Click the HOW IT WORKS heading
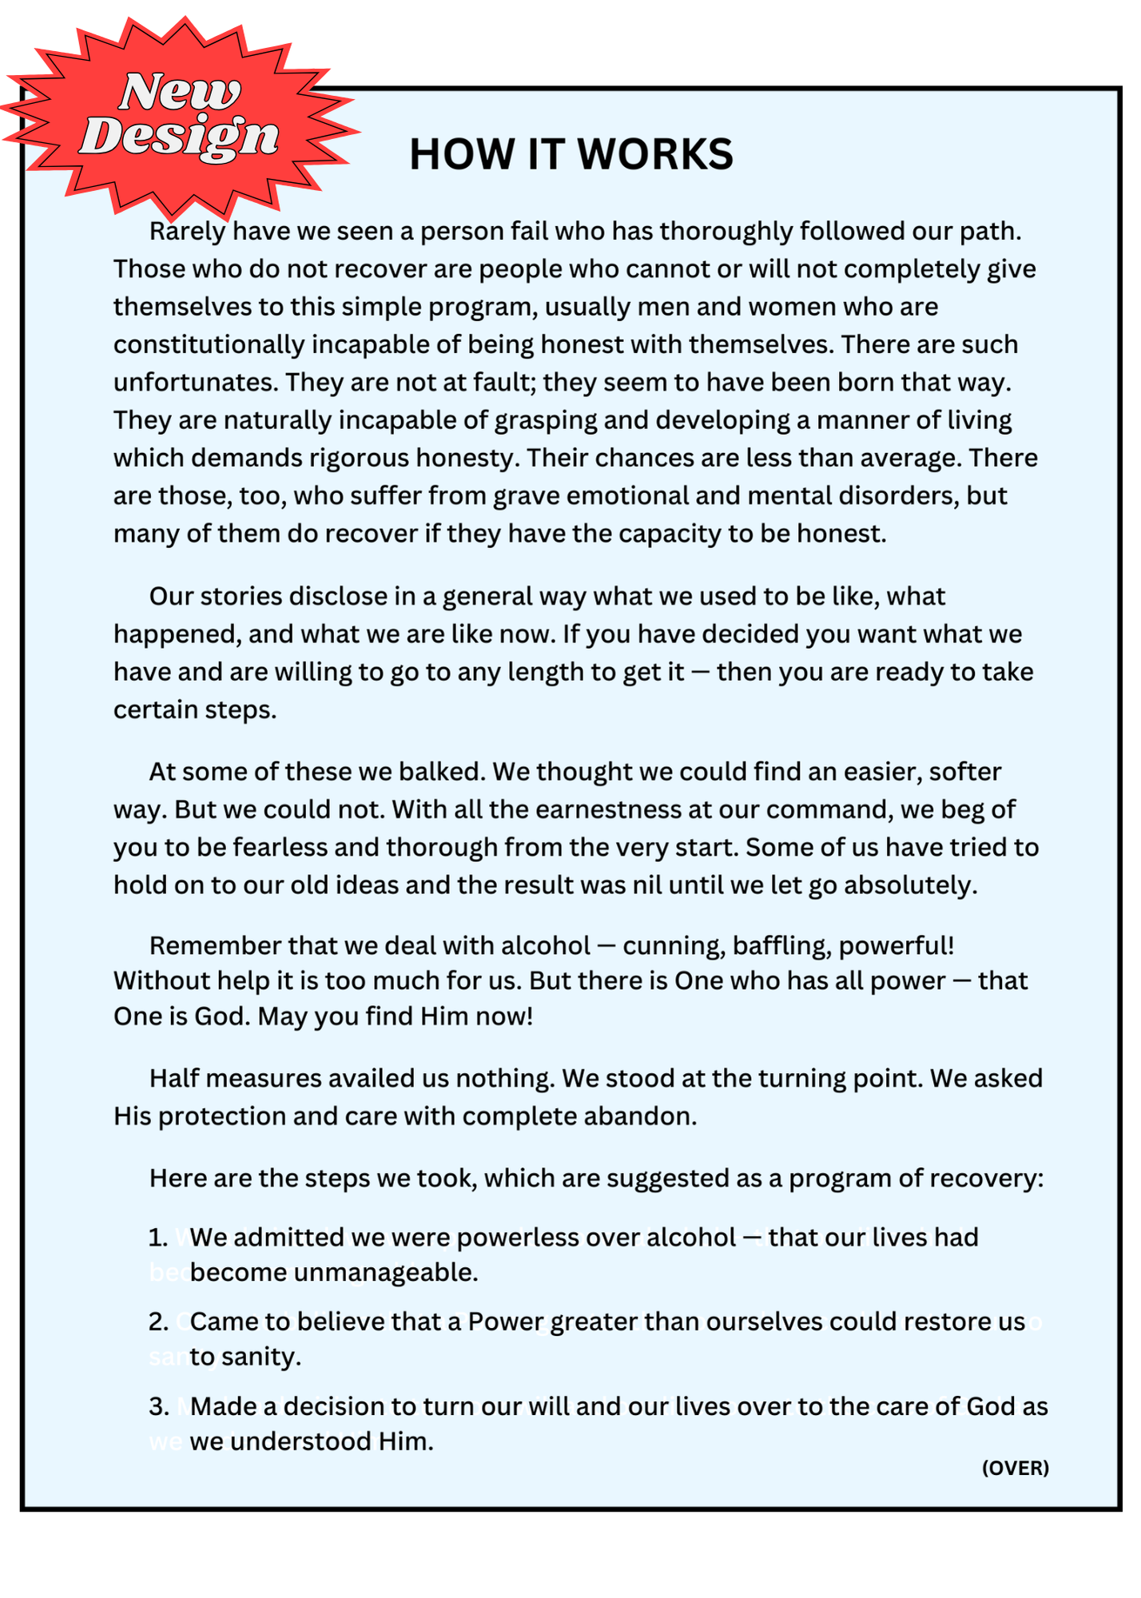570,154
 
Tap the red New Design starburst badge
180,116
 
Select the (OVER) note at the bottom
1015,1468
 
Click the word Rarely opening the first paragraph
188,232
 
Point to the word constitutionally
209,345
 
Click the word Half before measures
173,1079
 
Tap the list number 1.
157,1238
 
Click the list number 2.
158,1322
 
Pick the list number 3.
158,1406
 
